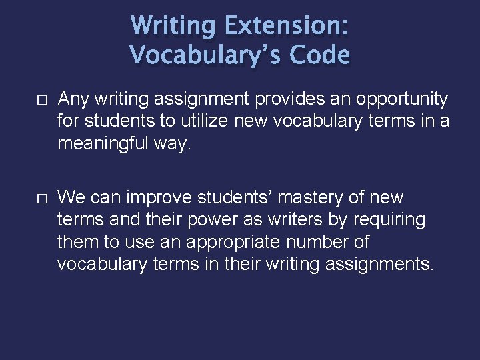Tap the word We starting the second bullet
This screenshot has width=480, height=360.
click(x=71, y=198)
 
